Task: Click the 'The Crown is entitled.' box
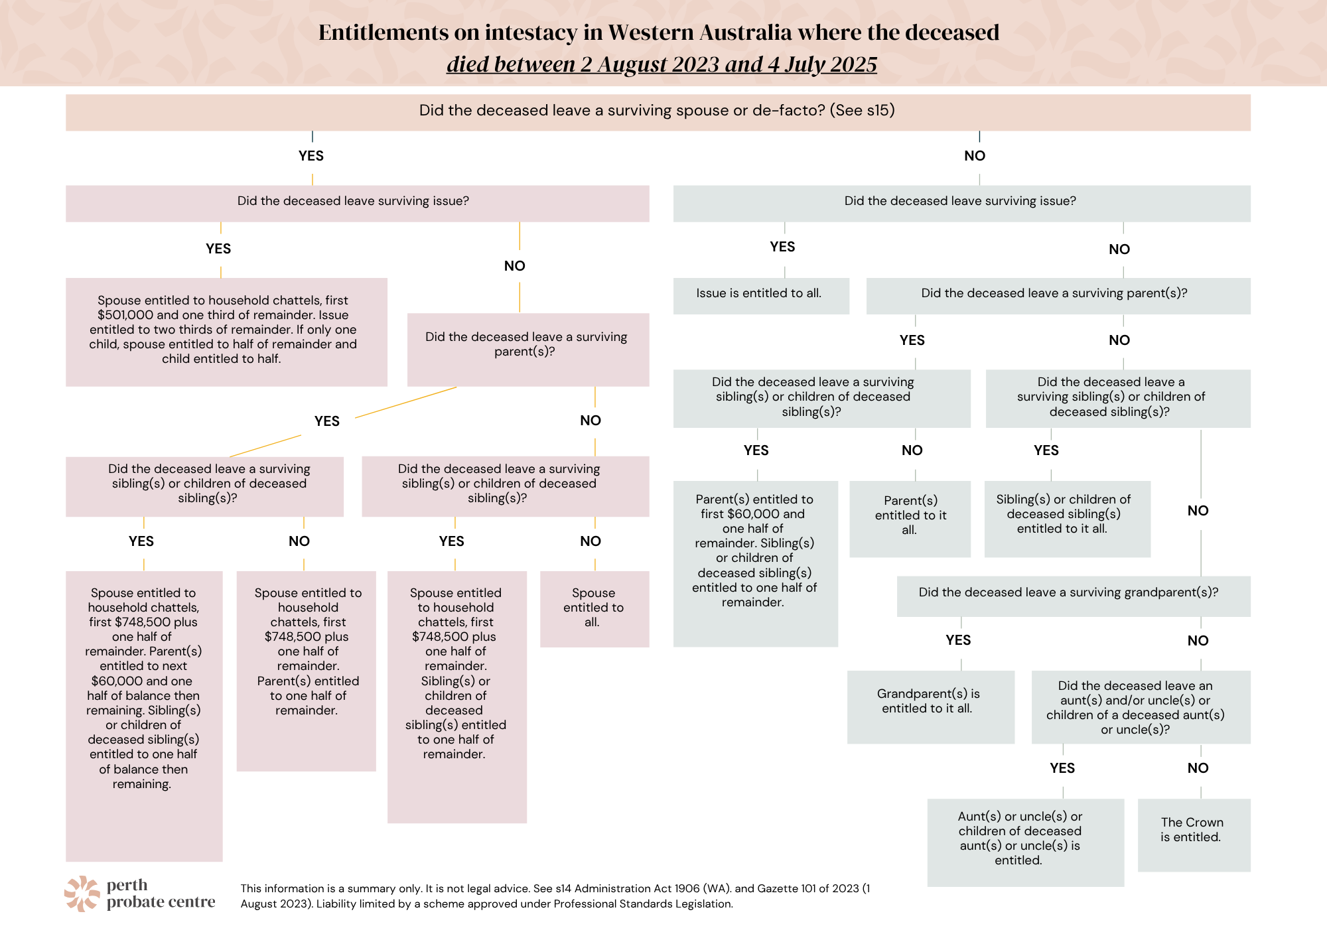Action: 1194,835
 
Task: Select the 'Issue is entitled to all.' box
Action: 761,296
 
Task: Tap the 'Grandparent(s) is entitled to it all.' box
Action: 930,706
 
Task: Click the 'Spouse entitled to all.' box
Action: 594,609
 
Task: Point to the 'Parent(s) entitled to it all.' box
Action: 910,519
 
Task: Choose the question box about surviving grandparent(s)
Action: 1074,596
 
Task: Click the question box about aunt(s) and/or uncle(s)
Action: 1141,707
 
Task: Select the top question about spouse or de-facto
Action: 658,112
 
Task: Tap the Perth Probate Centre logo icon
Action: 82,894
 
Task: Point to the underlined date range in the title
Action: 662,64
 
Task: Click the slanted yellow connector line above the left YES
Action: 405,403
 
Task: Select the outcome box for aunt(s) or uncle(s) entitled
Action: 1026,842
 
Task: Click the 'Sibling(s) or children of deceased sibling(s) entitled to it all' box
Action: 1067,519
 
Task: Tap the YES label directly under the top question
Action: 311,156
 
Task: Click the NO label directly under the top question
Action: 975,156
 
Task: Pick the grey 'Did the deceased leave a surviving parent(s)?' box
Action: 1058,296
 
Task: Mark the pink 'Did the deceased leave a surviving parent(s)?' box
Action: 528,350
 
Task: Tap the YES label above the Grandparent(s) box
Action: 958,640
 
